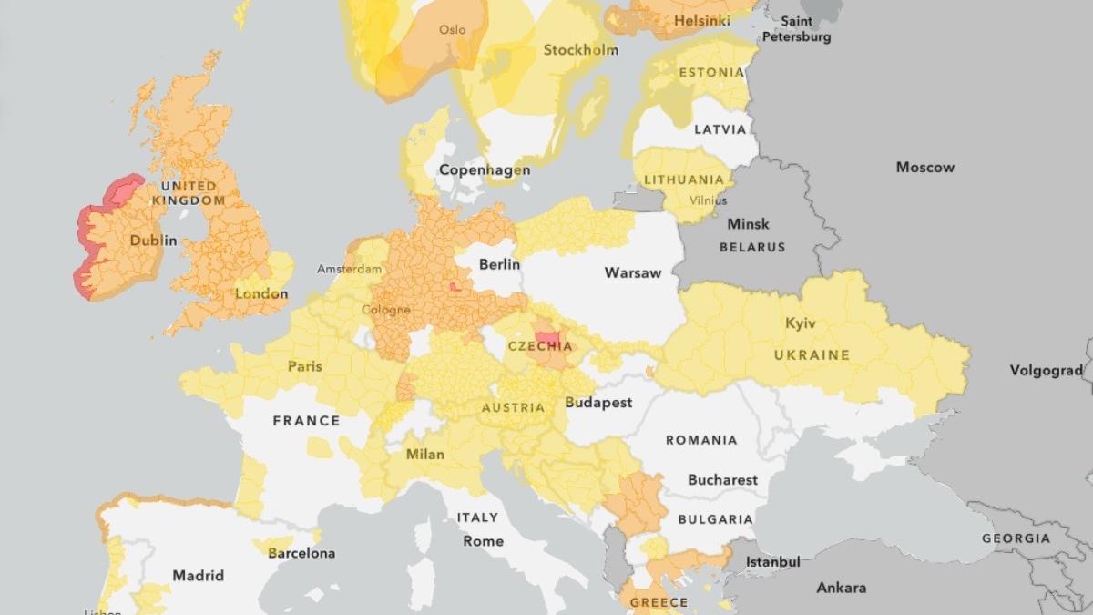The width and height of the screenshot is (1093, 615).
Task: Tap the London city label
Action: (x=261, y=293)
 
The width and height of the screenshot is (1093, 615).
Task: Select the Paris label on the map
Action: (x=305, y=366)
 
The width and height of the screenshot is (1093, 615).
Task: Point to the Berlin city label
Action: (x=499, y=264)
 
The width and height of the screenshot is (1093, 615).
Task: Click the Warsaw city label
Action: (x=631, y=272)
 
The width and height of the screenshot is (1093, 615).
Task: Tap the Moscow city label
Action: (x=925, y=167)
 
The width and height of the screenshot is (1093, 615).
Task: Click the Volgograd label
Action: (x=1046, y=370)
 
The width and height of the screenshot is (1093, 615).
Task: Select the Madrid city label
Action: (x=199, y=575)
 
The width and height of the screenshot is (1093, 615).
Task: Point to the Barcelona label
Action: (x=301, y=553)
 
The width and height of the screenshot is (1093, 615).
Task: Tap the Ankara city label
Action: (x=841, y=588)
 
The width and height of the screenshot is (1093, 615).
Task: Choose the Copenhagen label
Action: (x=485, y=169)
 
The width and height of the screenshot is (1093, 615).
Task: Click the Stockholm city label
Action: (x=581, y=50)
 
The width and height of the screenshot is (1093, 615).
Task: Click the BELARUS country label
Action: (x=751, y=246)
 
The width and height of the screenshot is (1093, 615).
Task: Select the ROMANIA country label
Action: (x=701, y=440)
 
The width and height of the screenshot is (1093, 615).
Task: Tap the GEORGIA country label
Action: (x=1016, y=538)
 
